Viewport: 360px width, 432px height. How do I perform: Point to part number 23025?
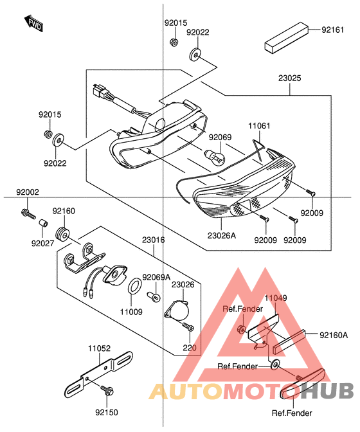click(x=289, y=78)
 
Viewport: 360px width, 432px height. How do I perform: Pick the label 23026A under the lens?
click(x=221, y=235)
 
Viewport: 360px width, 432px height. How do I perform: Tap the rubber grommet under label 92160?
click(x=64, y=231)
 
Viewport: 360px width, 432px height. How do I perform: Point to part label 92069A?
click(x=156, y=277)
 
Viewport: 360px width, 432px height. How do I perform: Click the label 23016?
click(x=154, y=240)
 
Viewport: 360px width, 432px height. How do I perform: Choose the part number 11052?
click(x=100, y=348)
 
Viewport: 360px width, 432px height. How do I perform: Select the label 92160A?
click(x=334, y=335)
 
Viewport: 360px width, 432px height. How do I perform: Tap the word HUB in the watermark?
click(x=328, y=391)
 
